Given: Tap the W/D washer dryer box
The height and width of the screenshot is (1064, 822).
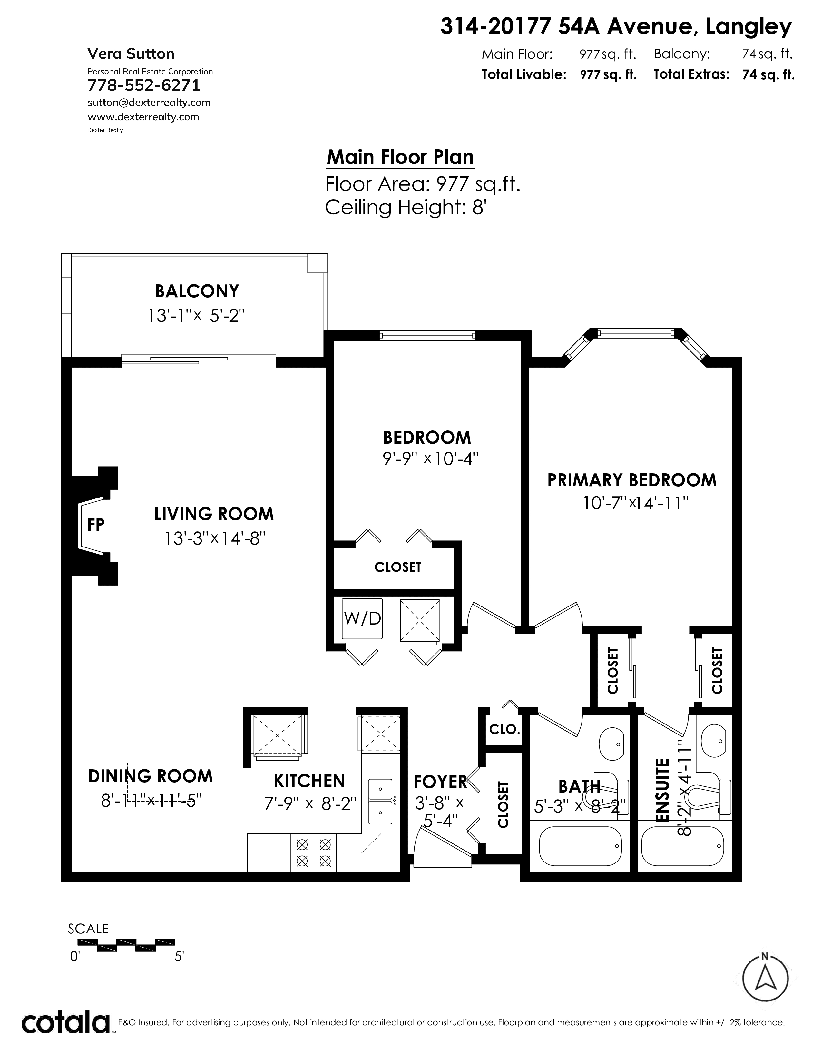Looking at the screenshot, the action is pyautogui.click(x=362, y=619).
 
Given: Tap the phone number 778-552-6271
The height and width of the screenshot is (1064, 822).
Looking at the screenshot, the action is pyautogui.click(x=144, y=85).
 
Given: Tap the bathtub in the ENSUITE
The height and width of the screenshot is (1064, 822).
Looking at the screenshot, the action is pyautogui.click(x=683, y=847).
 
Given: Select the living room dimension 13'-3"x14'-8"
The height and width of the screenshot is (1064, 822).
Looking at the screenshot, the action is pyautogui.click(x=214, y=538).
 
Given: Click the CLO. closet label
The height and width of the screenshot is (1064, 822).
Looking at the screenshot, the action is pyautogui.click(x=504, y=729).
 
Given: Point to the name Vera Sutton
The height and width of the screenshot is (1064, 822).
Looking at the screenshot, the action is pyautogui.click(x=131, y=54).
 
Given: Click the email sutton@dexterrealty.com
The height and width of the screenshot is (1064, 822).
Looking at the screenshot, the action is pyautogui.click(x=149, y=102).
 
